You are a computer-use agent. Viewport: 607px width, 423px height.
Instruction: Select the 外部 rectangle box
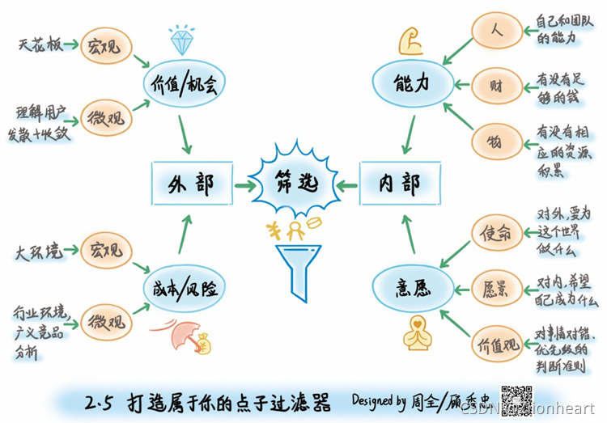click(x=193, y=183)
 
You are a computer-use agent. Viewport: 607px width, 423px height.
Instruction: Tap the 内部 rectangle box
click(x=400, y=183)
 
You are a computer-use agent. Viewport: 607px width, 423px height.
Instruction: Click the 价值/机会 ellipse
click(x=186, y=83)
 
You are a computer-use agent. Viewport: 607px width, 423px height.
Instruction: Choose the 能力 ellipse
click(x=410, y=83)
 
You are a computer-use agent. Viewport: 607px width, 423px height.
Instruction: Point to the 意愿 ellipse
click(x=410, y=286)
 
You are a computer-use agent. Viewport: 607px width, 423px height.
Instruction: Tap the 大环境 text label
click(x=37, y=252)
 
